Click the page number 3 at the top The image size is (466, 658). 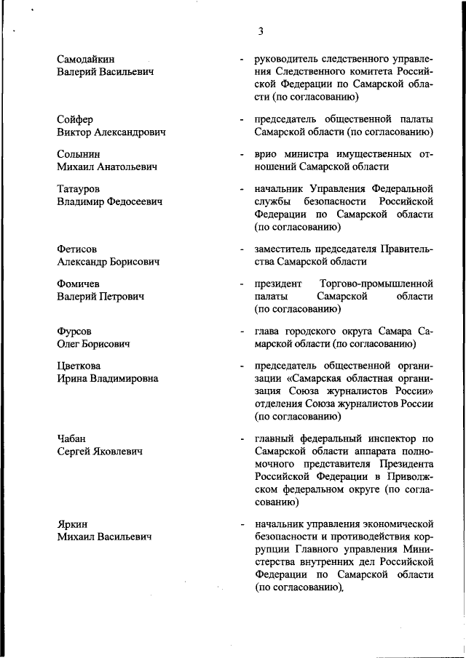coord(260,31)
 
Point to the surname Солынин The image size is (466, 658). coord(79,154)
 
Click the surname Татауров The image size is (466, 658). coord(80,189)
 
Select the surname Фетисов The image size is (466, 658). coord(76,249)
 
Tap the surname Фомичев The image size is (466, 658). coord(79,284)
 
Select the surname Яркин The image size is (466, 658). coord(73,523)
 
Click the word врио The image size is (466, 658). coord(266,154)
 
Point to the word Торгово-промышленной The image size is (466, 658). coord(376,284)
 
